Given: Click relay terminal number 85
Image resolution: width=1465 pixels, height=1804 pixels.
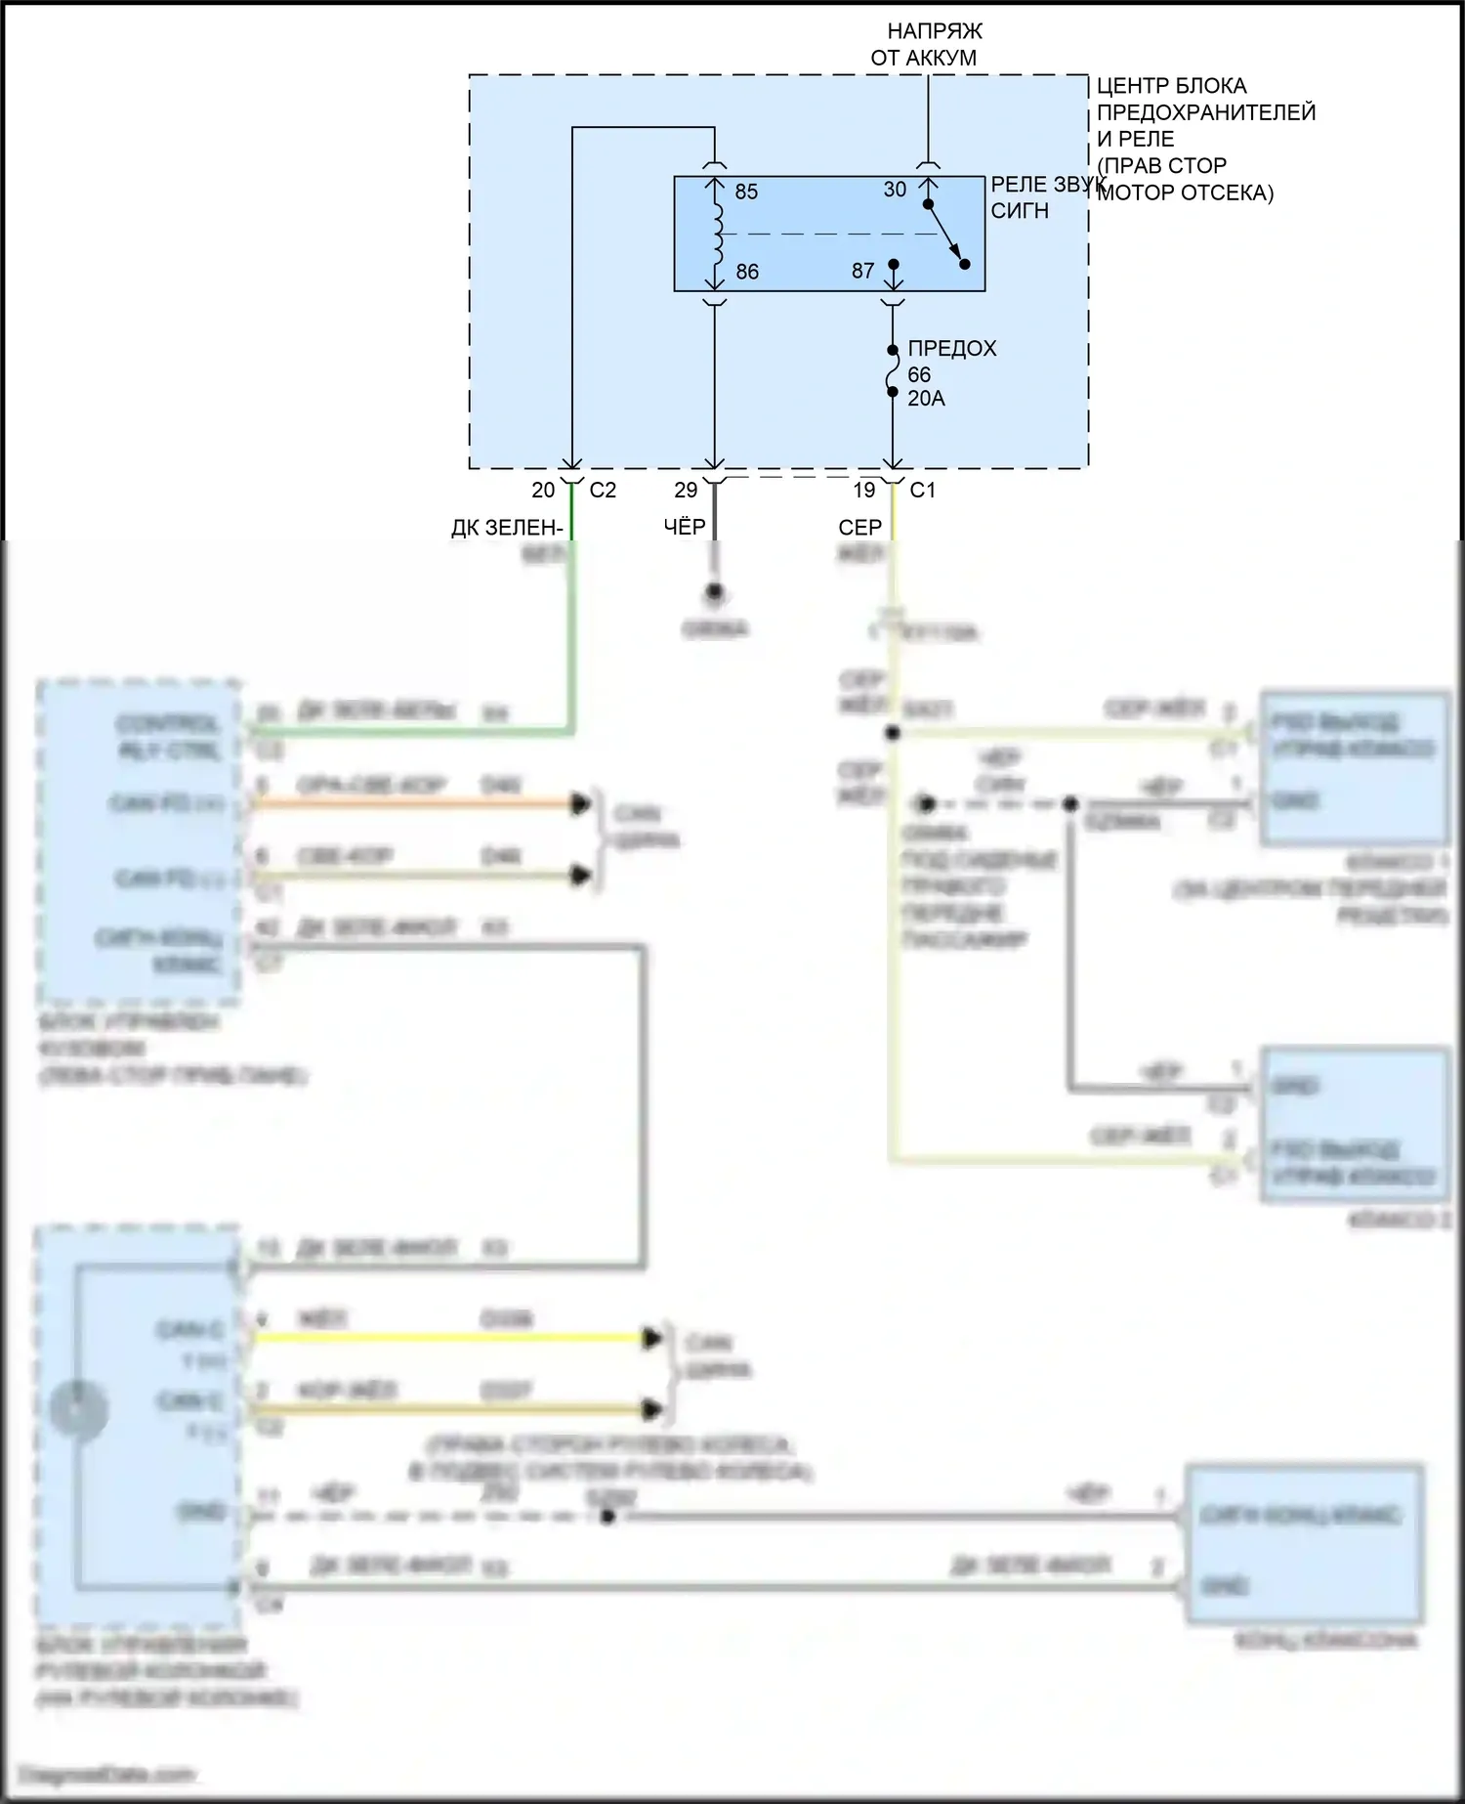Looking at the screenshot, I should coord(746,192).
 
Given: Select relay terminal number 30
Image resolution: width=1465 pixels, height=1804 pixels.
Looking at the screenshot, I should coord(895,190).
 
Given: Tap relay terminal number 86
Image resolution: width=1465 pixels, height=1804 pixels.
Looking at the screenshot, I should coord(747,272).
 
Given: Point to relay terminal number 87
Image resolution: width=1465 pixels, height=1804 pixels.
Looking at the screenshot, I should coord(862,271).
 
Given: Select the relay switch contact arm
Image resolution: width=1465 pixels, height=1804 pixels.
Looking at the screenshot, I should coord(945,234).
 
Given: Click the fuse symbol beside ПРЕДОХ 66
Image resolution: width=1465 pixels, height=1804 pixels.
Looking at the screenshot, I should coord(893,371).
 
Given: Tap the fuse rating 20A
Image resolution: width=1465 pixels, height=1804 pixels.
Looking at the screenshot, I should coord(926,399).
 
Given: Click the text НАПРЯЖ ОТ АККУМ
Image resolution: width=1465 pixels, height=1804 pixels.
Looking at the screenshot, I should coord(926,44).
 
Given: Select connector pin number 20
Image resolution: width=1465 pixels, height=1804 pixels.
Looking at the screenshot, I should coord(543,491).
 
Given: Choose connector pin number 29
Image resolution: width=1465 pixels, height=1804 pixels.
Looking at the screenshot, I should coord(686,491).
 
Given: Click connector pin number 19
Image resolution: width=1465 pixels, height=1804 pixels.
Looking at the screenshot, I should coord(864,491).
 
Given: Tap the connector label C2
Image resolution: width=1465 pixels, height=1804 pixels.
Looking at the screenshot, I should coord(603,491).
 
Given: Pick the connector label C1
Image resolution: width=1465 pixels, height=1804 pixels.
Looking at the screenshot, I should coord(922,491).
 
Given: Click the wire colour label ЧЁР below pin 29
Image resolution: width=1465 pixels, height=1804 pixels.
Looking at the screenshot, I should coord(684,528).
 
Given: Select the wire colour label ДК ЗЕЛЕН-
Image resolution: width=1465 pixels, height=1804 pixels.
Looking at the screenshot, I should coord(507,529).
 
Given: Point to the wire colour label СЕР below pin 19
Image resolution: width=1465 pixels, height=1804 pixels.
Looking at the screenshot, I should coord(859,528).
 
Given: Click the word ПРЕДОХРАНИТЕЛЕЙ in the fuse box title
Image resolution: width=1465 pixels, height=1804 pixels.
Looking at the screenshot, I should coord(1206,112).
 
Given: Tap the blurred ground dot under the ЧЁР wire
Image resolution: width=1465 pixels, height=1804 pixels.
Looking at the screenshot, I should coord(715,591).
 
